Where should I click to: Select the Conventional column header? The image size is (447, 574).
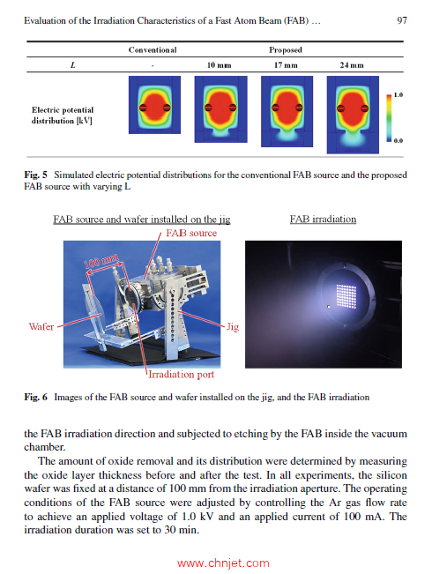coord(153,50)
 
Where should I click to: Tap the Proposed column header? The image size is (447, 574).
coord(285,50)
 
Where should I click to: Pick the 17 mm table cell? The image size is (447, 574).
coord(285,66)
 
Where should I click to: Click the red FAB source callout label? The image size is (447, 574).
coord(190,233)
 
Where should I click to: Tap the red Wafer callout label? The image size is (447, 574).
coord(41,326)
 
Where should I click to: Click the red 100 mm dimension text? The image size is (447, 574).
coord(101,264)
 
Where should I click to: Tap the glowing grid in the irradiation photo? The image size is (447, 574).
coord(340,295)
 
